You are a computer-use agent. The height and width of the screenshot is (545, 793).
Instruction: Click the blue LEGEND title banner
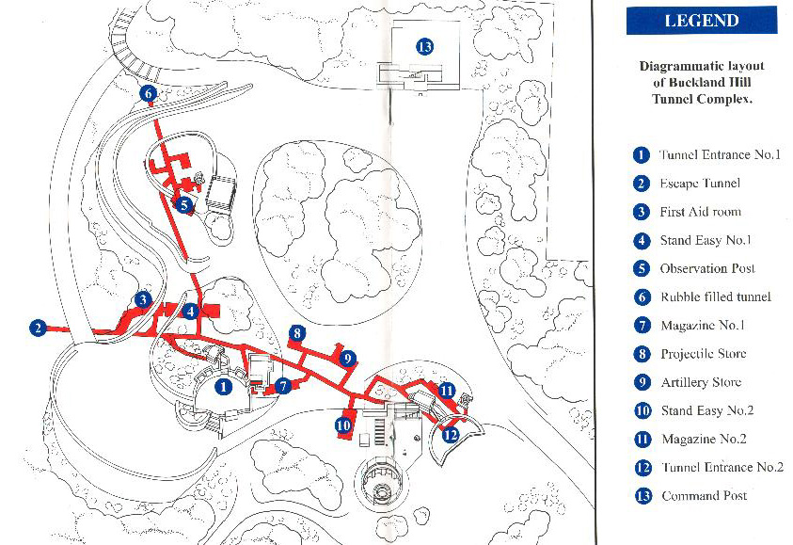702,21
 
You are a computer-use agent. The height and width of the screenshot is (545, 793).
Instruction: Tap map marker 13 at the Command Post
425,47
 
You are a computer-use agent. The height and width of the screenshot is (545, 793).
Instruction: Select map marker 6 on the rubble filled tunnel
149,93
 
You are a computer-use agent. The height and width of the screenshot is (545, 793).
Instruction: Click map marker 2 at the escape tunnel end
38,328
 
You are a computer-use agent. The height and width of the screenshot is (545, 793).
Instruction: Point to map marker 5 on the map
183,205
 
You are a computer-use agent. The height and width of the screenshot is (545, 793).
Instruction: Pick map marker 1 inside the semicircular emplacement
223,387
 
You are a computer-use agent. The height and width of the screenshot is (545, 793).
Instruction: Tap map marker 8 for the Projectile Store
297,333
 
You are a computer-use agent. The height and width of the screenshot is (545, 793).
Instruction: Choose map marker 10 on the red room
343,425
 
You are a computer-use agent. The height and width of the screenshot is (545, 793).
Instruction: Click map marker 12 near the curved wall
450,434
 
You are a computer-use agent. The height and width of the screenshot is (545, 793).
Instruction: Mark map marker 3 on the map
143,299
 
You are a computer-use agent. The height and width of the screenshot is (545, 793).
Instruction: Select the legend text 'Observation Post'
707,268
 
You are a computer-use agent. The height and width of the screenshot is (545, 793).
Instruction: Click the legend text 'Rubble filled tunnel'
716,297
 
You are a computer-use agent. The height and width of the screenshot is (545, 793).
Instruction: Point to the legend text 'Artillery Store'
701,382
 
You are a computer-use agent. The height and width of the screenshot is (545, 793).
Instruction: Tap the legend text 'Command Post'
704,495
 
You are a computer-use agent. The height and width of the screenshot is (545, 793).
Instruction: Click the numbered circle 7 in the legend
642,325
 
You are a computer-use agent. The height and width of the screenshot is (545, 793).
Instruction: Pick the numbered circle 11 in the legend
642,439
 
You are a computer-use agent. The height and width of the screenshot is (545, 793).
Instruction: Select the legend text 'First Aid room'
701,212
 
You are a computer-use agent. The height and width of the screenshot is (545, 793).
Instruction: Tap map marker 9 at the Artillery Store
347,359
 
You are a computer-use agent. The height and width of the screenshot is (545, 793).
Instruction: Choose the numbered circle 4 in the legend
642,240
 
